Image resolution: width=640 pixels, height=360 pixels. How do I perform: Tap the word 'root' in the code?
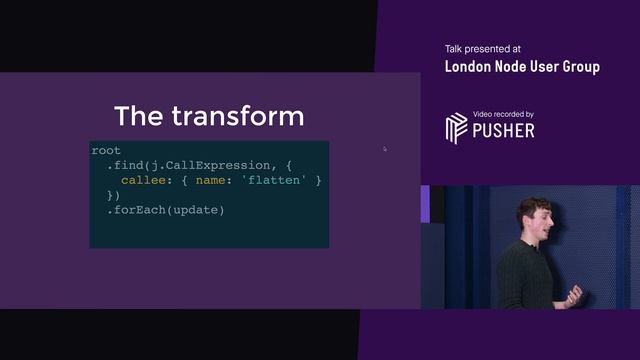point(106,150)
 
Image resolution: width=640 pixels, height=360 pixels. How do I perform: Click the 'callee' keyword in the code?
point(144,180)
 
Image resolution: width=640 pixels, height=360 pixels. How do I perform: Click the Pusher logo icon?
point(456,128)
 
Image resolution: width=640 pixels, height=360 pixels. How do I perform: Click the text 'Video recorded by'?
point(504,114)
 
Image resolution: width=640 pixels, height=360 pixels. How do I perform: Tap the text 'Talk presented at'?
point(483,49)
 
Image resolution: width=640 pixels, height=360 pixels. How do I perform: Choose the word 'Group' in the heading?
point(579,67)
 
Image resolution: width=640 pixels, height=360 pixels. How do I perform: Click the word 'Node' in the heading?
point(516,67)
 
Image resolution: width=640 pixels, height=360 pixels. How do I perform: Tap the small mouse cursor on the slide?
point(385,149)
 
